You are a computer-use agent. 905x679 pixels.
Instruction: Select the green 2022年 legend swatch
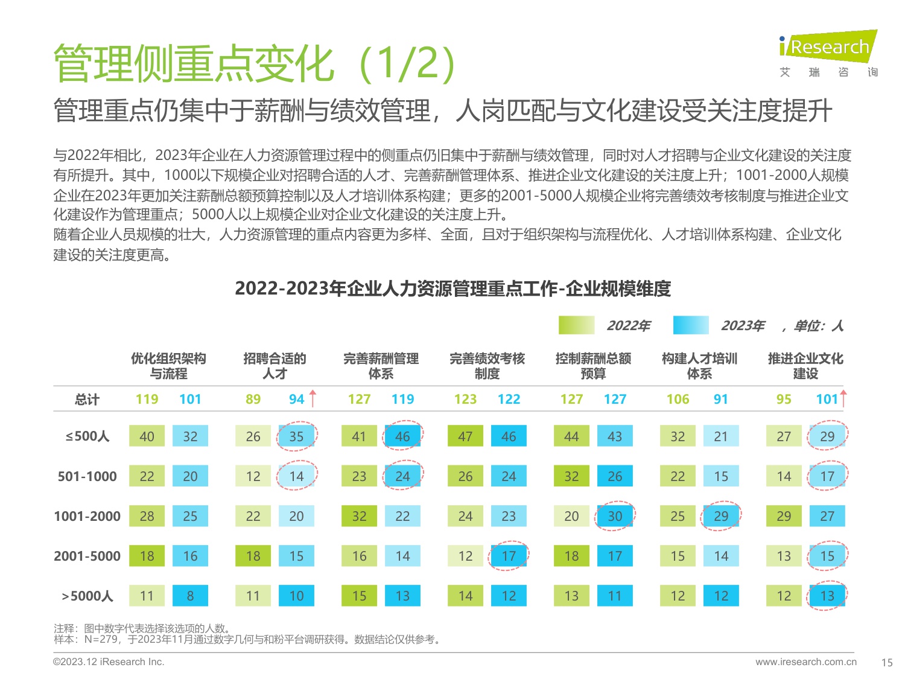[x=576, y=325]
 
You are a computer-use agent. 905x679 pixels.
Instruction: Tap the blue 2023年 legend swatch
[x=691, y=325]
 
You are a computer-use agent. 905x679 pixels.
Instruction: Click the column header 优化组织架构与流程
[x=168, y=366]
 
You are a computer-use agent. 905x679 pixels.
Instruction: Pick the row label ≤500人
[x=87, y=436]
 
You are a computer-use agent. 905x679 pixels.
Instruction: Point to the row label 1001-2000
[x=87, y=516]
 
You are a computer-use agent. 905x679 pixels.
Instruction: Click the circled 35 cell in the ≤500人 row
[x=296, y=436]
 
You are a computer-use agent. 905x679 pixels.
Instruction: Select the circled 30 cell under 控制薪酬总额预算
[x=615, y=516]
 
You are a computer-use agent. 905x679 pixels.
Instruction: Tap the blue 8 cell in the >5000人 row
[x=190, y=596]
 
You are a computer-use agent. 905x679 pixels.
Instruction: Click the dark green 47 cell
[x=465, y=436]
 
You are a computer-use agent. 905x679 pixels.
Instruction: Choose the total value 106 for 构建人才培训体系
[x=678, y=399]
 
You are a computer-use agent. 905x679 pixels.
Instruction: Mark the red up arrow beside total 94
[x=313, y=398]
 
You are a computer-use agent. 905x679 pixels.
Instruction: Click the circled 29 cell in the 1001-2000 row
[x=721, y=516]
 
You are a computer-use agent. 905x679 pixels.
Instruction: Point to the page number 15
[x=886, y=662]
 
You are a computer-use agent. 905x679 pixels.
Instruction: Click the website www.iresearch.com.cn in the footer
[x=805, y=661]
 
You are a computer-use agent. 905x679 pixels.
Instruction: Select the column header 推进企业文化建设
[x=805, y=366]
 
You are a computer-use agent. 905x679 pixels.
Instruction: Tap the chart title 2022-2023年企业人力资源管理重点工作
[x=453, y=288]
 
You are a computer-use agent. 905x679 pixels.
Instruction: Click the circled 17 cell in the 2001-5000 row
[x=509, y=556]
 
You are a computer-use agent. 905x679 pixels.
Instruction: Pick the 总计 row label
[x=87, y=399]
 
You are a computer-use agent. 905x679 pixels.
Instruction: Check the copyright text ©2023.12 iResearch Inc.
[x=109, y=661]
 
